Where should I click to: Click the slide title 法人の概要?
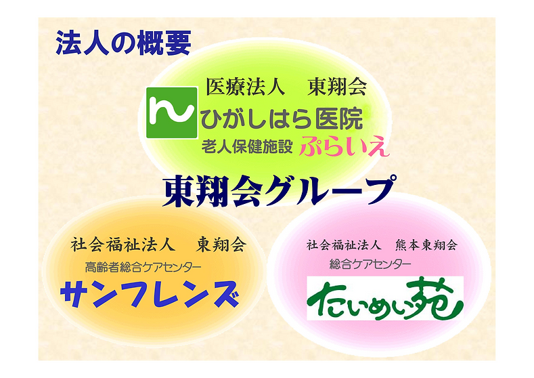pos(123,42)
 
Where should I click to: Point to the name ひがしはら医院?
pos(281,119)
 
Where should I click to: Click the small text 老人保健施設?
pos(248,145)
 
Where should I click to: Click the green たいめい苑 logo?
pos(384,297)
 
